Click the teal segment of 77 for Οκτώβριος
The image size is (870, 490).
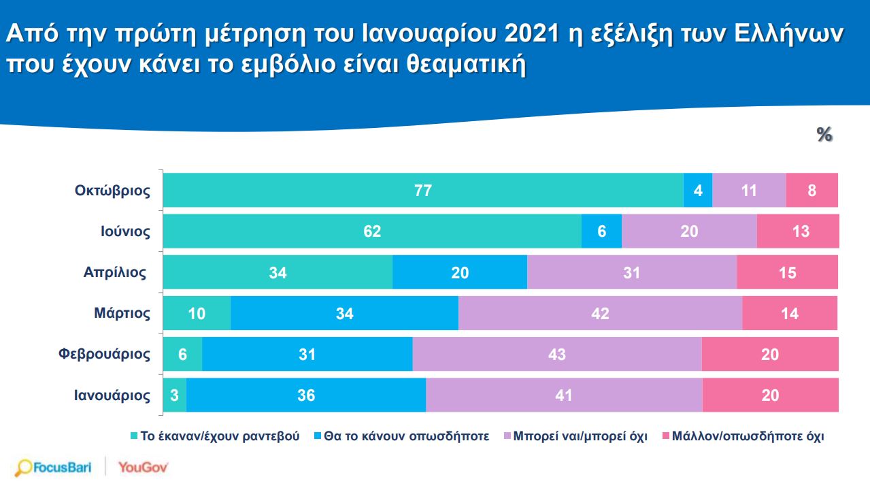[x=423, y=191]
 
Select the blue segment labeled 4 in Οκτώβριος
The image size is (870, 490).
[x=697, y=191]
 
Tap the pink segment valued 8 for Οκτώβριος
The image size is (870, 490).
[x=812, y=191]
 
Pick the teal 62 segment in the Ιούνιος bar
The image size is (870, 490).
[x=372, y=231]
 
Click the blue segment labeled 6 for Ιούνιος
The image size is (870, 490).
[x=601, y=231]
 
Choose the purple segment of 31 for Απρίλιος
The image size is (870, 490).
[x=631, y=273]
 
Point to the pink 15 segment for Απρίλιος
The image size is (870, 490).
[x=787, y=273]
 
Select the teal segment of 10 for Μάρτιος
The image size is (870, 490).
[x=197, y=314]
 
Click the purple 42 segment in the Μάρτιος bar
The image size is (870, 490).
[x=600, y=314]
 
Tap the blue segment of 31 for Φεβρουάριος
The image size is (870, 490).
[x=307, y=355]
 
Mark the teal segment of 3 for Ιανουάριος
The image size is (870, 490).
[x=175, y=395]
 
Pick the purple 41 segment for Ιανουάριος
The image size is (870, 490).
[x=563, y=395]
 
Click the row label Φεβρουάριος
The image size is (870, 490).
[x=104, y=355]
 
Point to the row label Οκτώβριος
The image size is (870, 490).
[x=112, y=191]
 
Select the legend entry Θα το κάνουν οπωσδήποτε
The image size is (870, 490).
[x=401, y=436]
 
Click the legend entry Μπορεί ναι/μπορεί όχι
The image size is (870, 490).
[x=574, y=436]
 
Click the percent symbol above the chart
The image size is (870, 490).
[x=824, y=135]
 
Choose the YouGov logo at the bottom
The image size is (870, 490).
[x=143, y=468]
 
